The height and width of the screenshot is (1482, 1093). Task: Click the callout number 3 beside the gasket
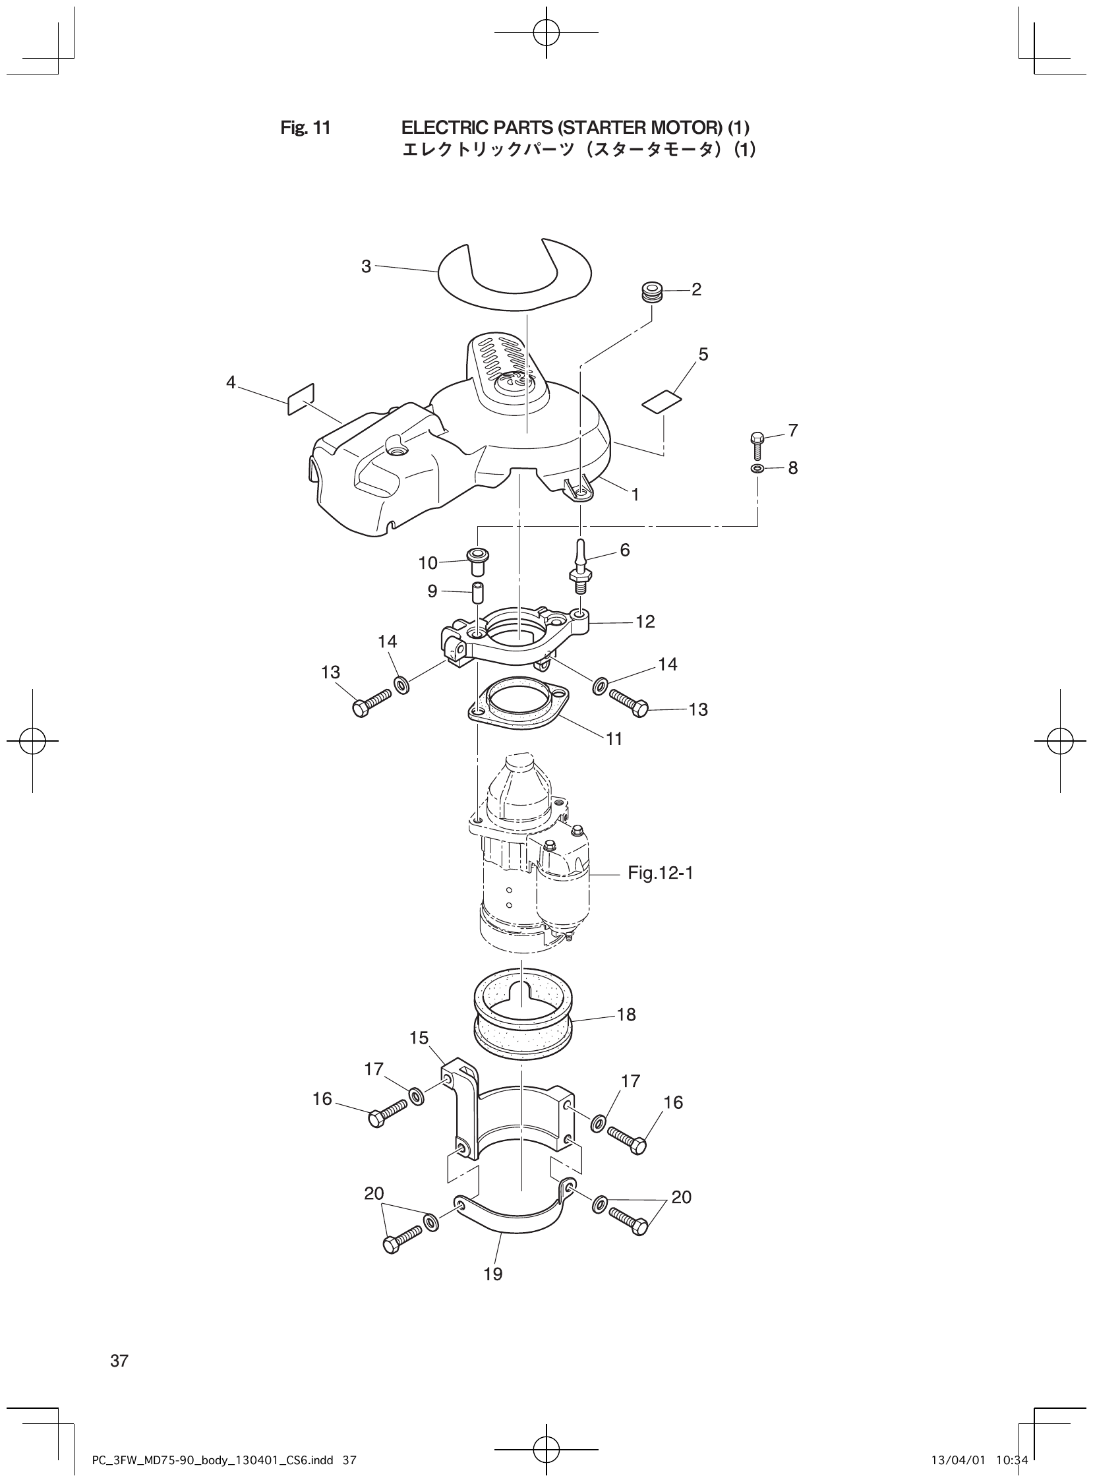(x=366, y=266)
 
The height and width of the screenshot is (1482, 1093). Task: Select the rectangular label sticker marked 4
(x=301, y=399)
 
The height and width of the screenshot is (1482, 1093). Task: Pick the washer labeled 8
(x=757, y=469)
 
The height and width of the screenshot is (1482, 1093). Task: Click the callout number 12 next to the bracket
(x=645, y=621)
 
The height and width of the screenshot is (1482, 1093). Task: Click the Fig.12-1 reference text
(x=660, y=874)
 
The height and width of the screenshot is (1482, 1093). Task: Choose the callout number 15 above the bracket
(x=419, y=1038)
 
